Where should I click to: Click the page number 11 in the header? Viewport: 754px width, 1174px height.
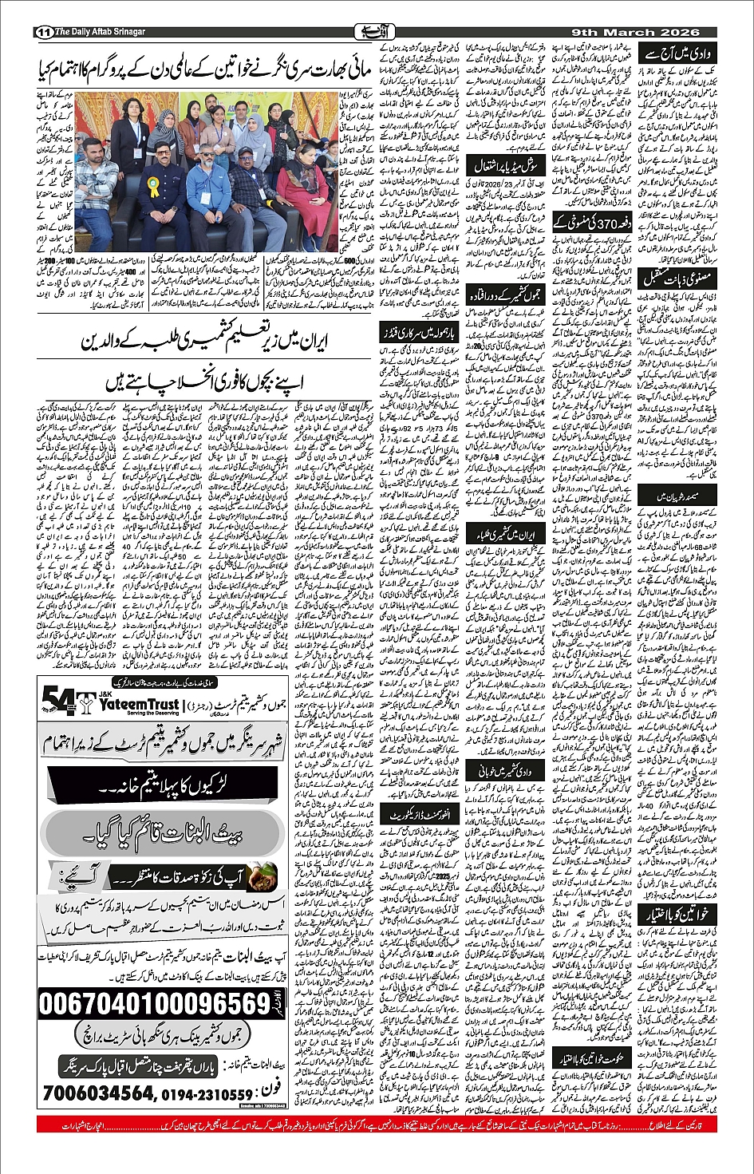click(42, 32)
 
